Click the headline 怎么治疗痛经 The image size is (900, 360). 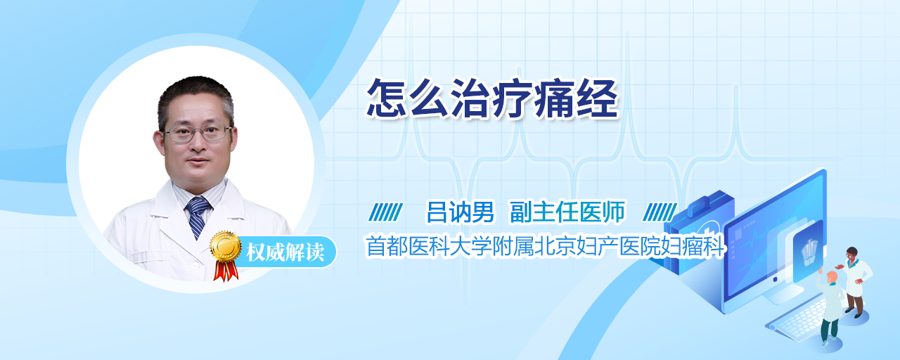pos(492,98)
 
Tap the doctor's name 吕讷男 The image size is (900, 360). pos(460,212)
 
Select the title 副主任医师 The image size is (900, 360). pos(567,212)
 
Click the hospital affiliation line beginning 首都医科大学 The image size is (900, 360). pos(545,246)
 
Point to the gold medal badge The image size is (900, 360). pos(226,246)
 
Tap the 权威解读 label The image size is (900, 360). pos(285,252)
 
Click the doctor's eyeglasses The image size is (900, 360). pos(198,133)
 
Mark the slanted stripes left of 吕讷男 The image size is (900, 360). pos(385,212)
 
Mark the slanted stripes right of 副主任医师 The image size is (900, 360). pos(660,212)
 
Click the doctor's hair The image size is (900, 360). pos(195,95)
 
